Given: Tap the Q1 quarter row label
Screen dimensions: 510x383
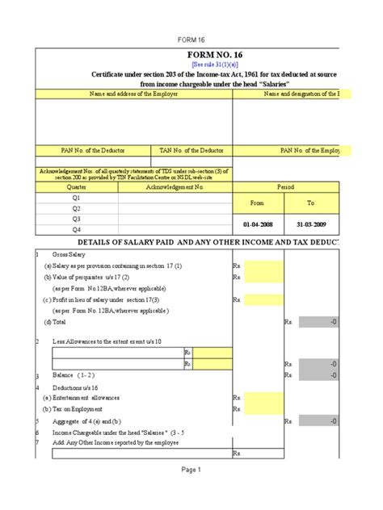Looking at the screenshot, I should pos(77,197).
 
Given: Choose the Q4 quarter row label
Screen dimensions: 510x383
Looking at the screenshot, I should pos(77,229).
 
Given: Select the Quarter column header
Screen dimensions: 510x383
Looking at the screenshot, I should pos(77,186).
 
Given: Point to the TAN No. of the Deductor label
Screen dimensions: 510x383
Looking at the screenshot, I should pos(191,150).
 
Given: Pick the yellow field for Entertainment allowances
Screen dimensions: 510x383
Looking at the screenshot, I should pos(264,398).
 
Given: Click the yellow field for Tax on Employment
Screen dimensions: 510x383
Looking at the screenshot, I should pos(264,409).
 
